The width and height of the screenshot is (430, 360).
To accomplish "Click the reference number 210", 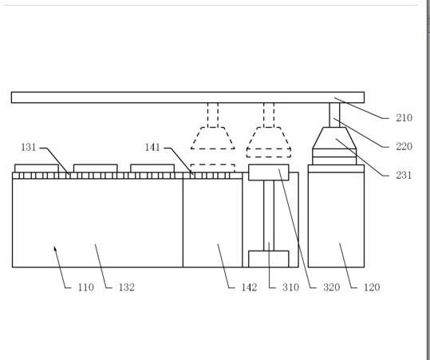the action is tap(404, 118).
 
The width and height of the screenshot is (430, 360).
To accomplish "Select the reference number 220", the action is tap(404, 147).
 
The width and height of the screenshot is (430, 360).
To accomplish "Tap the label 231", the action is tap(404, 175).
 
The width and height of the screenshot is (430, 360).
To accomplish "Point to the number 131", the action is tap(29, 148).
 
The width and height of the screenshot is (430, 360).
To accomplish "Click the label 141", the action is tap(152, 148).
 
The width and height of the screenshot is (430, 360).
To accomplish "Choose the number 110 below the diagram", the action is tap(86, 287).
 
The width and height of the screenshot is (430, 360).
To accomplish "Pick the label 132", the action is tap(127, 287).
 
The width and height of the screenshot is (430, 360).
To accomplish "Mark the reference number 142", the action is tap(249, 287).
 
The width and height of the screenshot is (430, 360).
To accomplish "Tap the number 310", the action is tap(290, 287).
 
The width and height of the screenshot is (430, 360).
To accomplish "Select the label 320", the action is tap(332, 287).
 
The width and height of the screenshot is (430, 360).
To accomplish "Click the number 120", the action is tap(372, 287).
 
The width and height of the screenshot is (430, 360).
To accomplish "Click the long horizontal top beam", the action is tap(187, 97).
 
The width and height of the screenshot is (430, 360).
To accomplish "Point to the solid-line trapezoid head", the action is tap(334, 138).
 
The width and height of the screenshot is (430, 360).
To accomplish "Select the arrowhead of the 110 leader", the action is tap(55, 248).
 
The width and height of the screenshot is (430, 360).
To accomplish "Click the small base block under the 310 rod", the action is tap(269, 259).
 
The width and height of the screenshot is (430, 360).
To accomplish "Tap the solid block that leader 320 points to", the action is tap(269, 172).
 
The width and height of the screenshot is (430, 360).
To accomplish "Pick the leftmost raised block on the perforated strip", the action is tap(37, 168).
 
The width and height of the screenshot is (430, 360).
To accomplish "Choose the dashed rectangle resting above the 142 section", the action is tap(212, 168).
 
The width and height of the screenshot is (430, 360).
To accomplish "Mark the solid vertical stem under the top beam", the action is tap(334, 115).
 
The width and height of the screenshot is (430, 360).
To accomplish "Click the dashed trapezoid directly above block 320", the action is tap(269, 138).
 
